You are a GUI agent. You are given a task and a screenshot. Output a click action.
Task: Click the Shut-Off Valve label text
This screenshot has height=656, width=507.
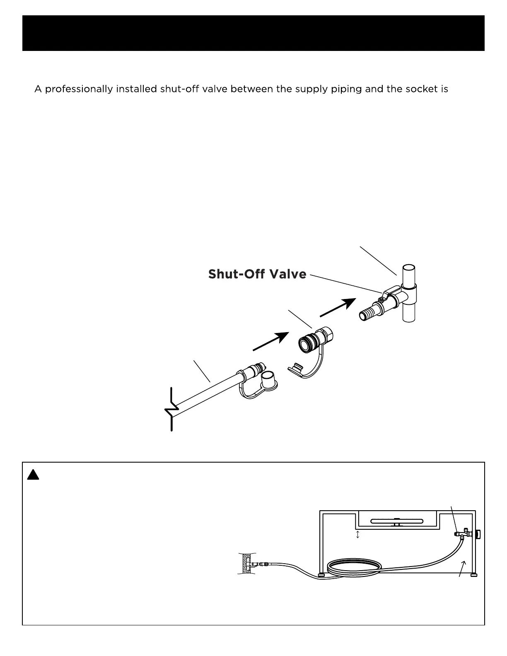pyautogui.click(x=257, y=274)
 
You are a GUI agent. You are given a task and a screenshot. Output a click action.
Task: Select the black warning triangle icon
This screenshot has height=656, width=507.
pyautogui.click(x=33, y=475)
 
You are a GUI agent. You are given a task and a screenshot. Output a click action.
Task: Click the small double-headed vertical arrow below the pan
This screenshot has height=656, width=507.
pyautogui.click(x=358, y=535)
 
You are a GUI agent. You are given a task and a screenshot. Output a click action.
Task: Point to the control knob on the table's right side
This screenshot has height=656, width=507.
pyautogui.click(x=479, y=534)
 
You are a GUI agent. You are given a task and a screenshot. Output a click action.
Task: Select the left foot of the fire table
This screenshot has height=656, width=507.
pyautogui.click(x=321, y=575)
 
